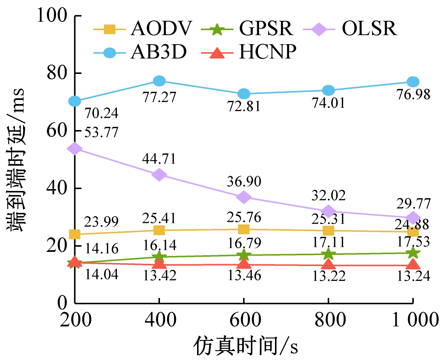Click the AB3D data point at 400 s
(x=159, y=81)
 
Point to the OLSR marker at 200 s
(x=75, y=149)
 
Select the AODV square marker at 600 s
(x=244, y=229)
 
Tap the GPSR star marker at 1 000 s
(x=413, y=253)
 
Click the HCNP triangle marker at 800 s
(x=328, y=265)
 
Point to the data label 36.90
(x=245, y=182)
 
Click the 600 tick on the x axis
(x=244, y=319)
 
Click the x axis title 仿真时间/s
(x=245, y=347)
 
